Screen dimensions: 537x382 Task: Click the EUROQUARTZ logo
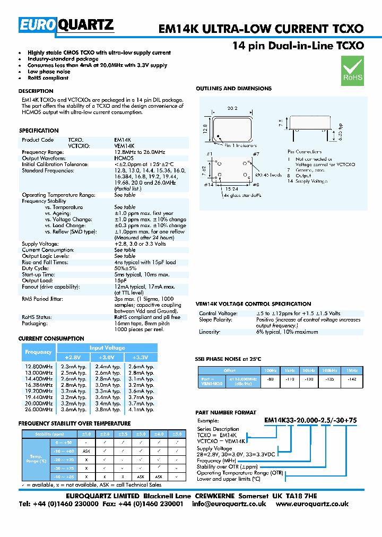click(66, 25)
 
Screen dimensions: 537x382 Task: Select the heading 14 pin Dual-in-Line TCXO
click(298, 46)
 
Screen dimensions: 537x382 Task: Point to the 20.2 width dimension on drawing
click(231, 109)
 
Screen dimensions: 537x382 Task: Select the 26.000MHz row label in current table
click(39, 409)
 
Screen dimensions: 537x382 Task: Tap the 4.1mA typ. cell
click(142, 409)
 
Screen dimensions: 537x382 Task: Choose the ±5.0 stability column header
click(178, 434)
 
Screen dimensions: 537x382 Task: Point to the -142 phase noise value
click(351, 379)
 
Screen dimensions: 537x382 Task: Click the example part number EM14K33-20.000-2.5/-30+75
click(310, 420)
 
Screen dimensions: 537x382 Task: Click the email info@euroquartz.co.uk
click(229, 504)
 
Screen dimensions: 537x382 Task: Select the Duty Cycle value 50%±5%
click(125, 268)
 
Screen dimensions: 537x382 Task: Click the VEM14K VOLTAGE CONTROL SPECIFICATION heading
click(254, 304)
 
